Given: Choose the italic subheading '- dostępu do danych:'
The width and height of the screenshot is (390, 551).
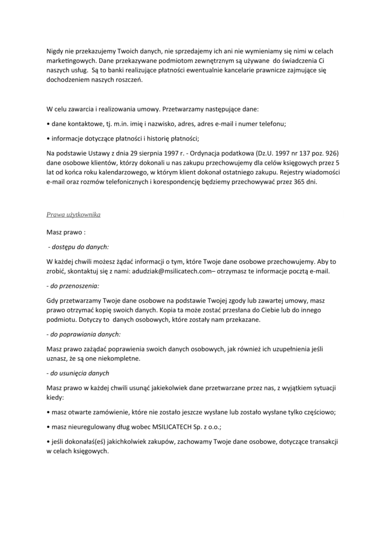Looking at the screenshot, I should click(x=79, y=247).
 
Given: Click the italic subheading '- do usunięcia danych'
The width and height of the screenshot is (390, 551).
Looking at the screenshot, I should click(x=79, y=373).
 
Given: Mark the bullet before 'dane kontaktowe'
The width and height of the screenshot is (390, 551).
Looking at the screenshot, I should click(x=48, y=124).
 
